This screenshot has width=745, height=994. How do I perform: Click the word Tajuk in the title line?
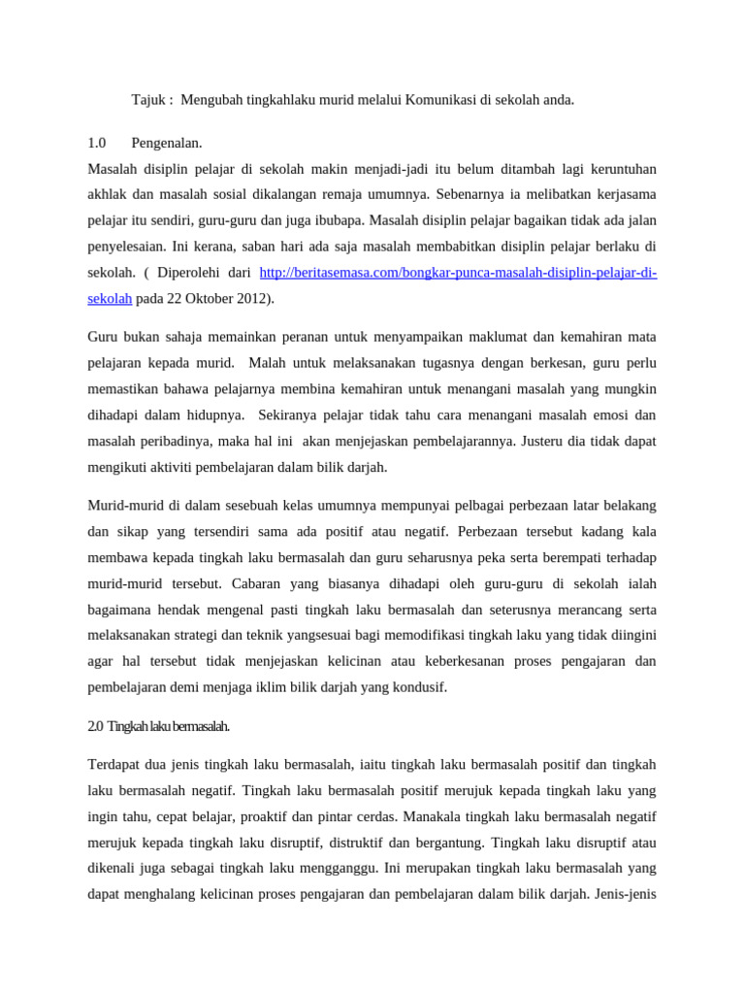pyautogui.click(x=150, y=100)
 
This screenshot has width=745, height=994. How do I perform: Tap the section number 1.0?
pyautogui.click(x=97, y=143)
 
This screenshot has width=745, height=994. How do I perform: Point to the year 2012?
pyautogui.click(x=254, y=299)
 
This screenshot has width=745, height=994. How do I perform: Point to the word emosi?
pyautogui.click(x=614, y=414)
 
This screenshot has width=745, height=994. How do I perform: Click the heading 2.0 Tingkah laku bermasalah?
pyautogui.click(x=158, y=726)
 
